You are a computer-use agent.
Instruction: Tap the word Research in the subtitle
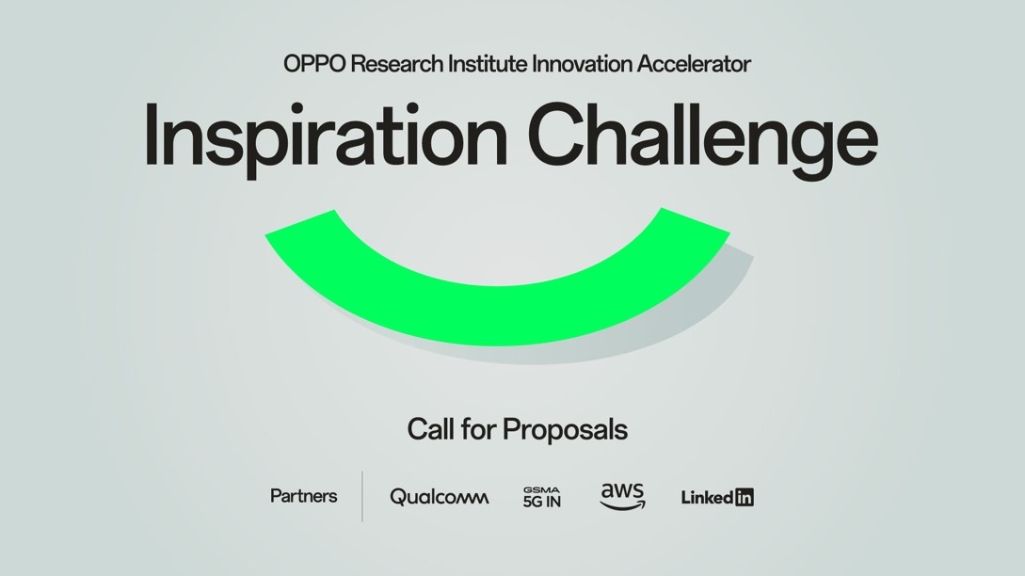click(386, 64)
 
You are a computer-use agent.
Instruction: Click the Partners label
click(303, 496)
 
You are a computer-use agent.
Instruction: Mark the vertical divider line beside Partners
click(362, 496)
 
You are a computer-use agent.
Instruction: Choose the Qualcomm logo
click(440, 497)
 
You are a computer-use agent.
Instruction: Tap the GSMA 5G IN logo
click(542, 497)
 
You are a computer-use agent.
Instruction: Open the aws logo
click(623, 496)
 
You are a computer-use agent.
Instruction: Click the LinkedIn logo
click(717, 497)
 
